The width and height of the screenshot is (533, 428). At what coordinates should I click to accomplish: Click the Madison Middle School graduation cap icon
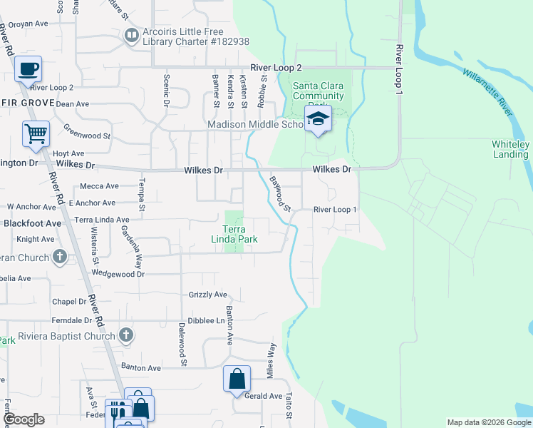point(319,119)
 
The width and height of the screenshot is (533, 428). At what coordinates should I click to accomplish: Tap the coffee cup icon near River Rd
point(28,70)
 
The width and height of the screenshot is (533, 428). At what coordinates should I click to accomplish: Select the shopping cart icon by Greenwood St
point(35,133)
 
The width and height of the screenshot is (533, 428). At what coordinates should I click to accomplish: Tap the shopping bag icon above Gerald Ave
point(237,379)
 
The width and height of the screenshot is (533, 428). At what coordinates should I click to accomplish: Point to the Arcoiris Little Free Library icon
point(131,35)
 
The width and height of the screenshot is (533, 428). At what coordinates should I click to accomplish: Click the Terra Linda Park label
point(239,234)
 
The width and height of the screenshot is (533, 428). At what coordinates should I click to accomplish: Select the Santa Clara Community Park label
point(319,91)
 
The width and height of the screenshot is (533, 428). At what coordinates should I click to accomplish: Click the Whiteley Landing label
point(510,149)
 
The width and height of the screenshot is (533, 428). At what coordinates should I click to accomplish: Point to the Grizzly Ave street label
point(207,294)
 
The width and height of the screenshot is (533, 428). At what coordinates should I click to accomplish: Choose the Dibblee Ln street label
point(207,321)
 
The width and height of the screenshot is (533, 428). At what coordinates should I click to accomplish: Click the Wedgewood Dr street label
point(118,273)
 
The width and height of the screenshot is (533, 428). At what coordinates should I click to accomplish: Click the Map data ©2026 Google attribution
point(488,422)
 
